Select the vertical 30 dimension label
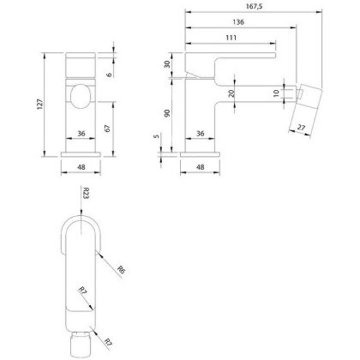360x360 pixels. [x=168, y=64]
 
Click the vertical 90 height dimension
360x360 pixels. [x=168, y=114]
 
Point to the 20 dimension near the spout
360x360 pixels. [x=232, y=95]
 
